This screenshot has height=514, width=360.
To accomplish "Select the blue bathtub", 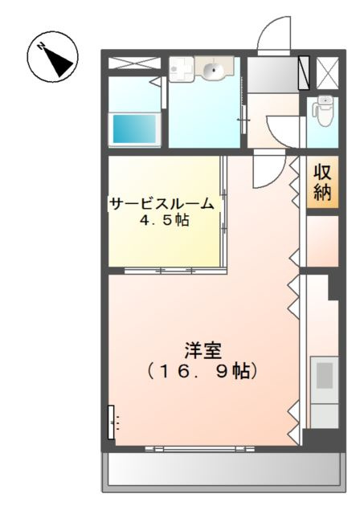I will pos(135,127).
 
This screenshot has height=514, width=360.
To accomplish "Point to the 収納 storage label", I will pos(322,184).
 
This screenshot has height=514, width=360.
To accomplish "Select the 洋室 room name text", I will pos(202,351).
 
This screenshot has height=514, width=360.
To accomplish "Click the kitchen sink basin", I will pos(325,376).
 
